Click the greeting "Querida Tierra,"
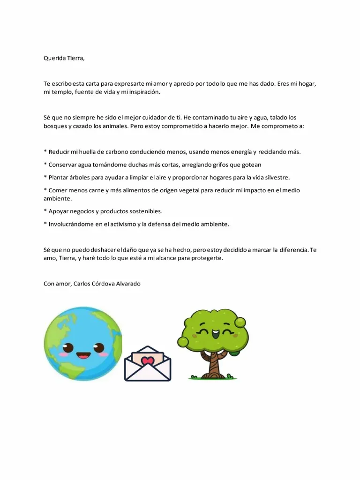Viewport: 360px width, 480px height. [64, 58]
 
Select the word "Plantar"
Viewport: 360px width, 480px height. [60, 177]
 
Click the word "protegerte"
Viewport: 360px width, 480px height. [207, 258]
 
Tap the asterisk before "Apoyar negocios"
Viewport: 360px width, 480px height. [45, 211]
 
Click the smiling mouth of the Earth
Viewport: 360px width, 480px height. [83, 355]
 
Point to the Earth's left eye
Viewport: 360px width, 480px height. [68, 348]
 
